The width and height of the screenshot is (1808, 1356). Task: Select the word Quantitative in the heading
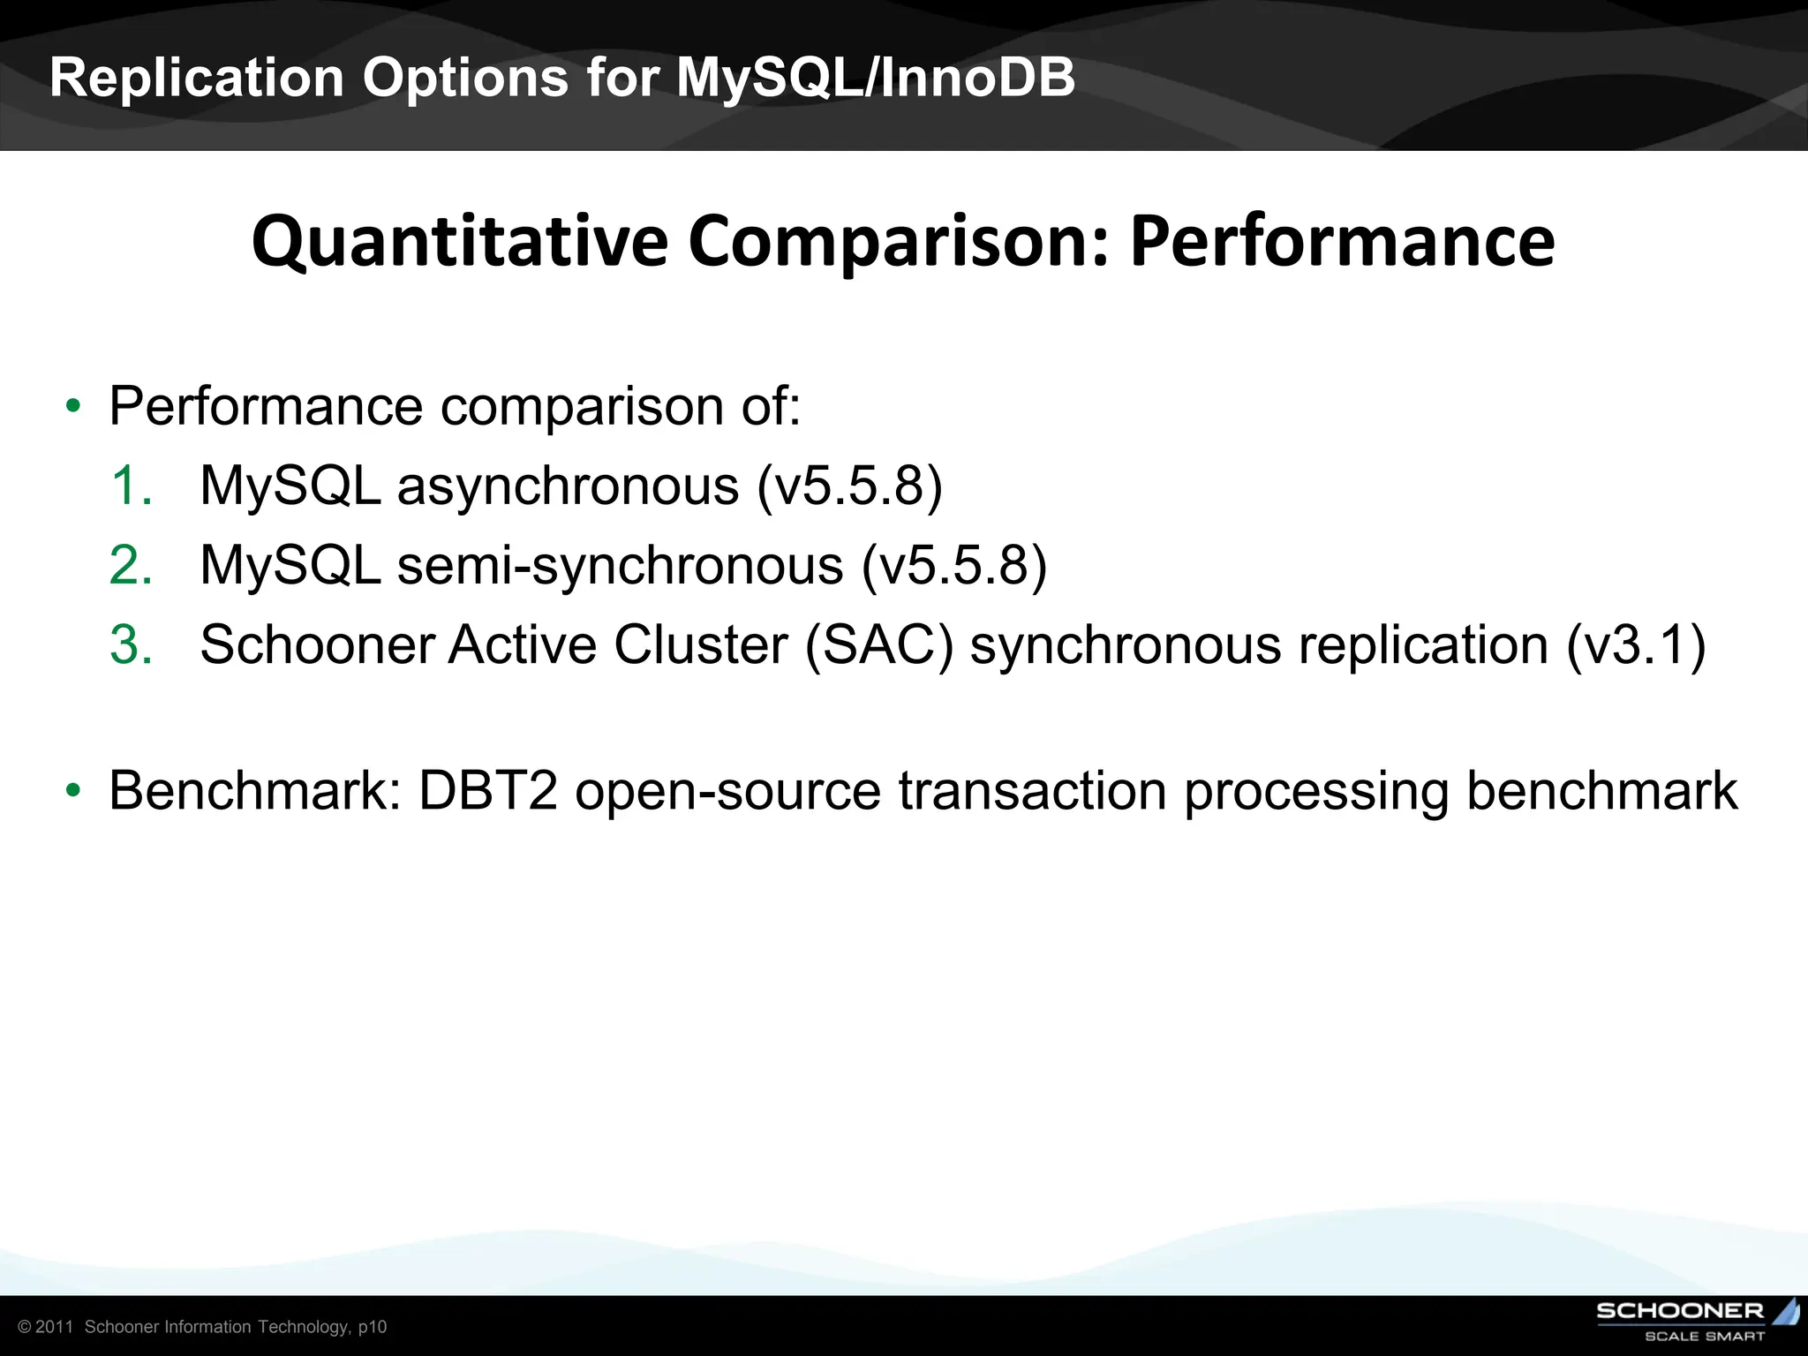pyautogui.click(x=459, y=242)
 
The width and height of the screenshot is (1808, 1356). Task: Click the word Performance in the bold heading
pyautogui.click(x=1342, y=242)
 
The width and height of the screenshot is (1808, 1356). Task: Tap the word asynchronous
pyautogui.click(x=568, y=486)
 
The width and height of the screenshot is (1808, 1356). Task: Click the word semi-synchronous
pyautogui.click(x=620, y=565)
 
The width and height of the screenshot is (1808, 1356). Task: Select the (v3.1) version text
pyautogui.click(x=1635, y=644)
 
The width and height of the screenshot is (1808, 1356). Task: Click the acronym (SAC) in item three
pyautogui.click(x=879, y=644)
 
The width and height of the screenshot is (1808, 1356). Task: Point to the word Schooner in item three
pyautogui.click(x=316, y=644)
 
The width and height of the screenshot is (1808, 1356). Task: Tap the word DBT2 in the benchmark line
pyautogui.click(x=487, y=790)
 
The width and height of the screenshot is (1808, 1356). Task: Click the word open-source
pyautogui.click(x=727, y=790)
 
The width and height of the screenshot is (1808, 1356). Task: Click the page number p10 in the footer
pyautogui.click(x=373, y=1327)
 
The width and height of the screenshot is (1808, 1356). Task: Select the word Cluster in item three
pyautogui.click(x=699, y=644)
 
